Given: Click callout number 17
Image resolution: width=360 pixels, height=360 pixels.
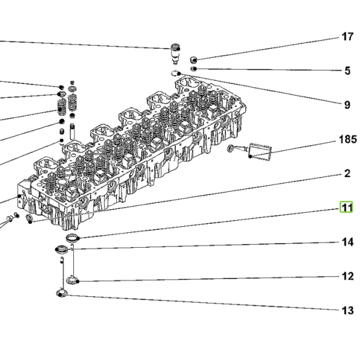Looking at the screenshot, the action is coord(347,37).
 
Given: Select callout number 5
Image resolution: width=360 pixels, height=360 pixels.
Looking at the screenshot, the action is coord(347,71).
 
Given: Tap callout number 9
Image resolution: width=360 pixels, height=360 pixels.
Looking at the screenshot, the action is coord(347,105).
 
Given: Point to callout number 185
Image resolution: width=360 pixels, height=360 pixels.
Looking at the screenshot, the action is coord(348,139).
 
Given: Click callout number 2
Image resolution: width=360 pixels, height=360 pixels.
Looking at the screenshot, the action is coord(347,173).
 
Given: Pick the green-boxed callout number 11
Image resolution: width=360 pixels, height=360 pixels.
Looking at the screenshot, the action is coord(346,208).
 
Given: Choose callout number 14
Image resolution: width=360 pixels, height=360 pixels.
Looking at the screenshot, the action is coord(347,242).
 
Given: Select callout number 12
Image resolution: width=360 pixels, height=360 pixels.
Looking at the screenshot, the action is coord(347,276).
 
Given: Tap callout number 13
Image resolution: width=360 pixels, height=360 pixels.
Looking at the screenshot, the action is coord(347,310).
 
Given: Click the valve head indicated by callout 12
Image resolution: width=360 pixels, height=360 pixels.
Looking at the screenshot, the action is coord(73,280).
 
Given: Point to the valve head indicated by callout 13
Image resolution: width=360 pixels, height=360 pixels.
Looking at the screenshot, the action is coord(62,293).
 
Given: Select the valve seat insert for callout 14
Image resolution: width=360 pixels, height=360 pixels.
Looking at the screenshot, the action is coord(62,250).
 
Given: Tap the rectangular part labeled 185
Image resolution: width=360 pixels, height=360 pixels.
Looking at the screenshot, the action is coord(260,152).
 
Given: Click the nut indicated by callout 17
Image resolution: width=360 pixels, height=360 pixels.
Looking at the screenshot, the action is coord(194,60).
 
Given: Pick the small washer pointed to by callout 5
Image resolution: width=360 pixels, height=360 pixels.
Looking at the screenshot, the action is coord(194,68).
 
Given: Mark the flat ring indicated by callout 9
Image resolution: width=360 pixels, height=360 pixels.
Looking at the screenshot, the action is coord(175,73).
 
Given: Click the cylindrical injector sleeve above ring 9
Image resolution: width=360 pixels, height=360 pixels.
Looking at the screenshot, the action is coord(175,54).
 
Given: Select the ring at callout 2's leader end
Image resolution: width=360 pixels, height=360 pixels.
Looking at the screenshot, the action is coord(29,218).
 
